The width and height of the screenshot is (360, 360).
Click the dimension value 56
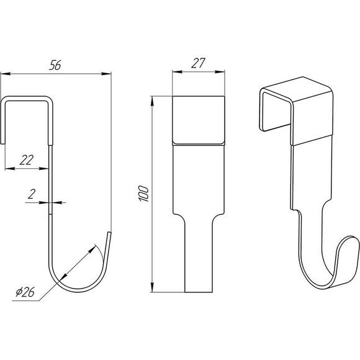pos(55,65)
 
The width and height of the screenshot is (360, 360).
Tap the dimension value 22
pos(27,160)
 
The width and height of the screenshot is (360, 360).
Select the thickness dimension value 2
pos(32,194)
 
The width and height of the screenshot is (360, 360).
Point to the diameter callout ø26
pos(25,292)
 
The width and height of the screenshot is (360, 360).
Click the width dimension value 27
pos(198,63)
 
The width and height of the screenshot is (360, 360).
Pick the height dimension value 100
pos(144,194)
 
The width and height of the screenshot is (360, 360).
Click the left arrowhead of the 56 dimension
pos(6,74)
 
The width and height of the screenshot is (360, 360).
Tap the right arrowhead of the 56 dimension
pos(106,74)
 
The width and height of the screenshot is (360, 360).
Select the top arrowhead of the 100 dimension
pos(152,101)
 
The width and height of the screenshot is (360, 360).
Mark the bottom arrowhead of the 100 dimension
pos(152,287)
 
